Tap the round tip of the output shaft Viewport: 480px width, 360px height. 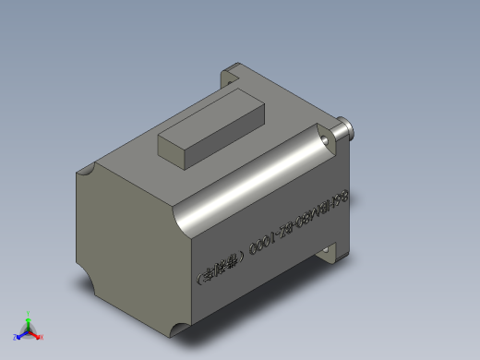coord(352,129)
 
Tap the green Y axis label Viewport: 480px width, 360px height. coord(29,314)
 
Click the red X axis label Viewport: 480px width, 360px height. coord(42,336)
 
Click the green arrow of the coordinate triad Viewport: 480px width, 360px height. coord(29,322)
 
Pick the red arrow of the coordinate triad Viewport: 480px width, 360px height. coord(35,333)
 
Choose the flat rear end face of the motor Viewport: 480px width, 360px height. coord(125,240)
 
